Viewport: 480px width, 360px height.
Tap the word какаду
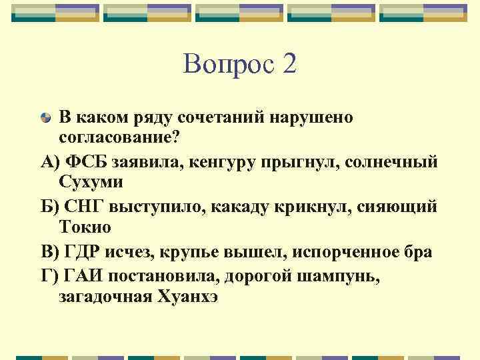point(243,207)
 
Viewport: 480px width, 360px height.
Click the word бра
point(417,252)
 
